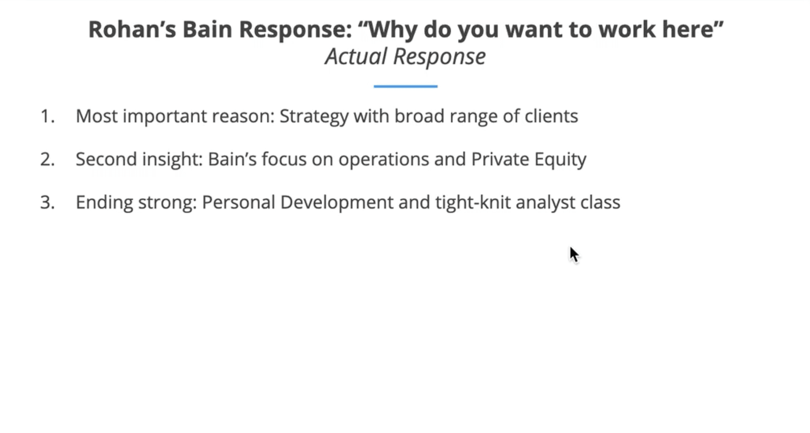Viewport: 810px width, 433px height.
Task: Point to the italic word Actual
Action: [x=356, y=57]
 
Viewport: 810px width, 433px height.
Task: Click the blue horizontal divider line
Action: [x=405, y=86]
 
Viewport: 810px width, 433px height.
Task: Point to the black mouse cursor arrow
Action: [x=574, y=255]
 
